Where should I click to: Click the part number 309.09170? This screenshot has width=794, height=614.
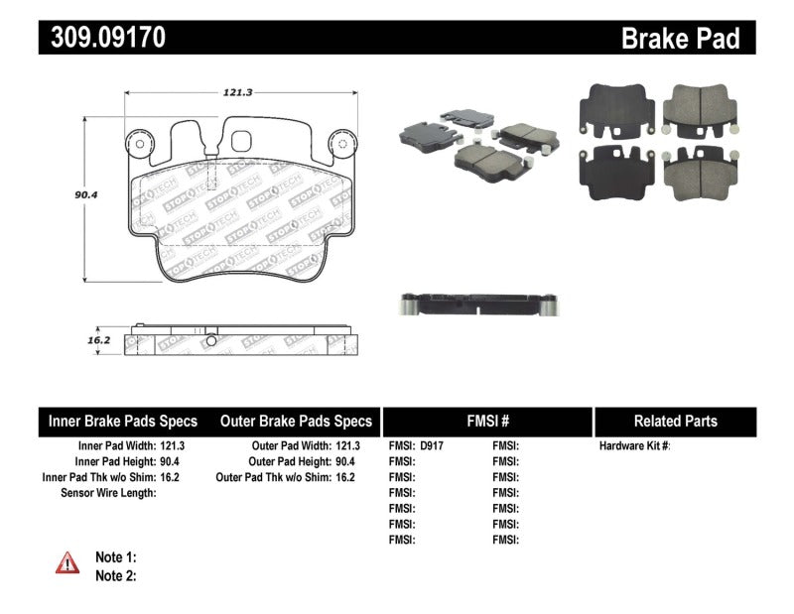pyautogui.click(x=103, y=38)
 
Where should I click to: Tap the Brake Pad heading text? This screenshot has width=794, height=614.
pyautogui.click(x=680, y=39)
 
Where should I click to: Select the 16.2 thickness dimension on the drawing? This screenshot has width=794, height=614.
pyautogui.click(x=96, y=339)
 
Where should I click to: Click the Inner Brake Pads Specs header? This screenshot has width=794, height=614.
pyautogui.click(x=123, y=421)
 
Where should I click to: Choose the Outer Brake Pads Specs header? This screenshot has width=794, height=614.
pyautogui.click(x=296, y=421)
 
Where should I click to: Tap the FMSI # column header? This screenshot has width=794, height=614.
pyautogui.click(x=486, y=421)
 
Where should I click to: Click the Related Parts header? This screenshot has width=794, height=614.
pyautogui.click(x=675, y=421)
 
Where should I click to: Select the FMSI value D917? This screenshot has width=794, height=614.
pyautogui.click(x=432, y=446)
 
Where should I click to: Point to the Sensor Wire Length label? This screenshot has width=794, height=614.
pyautogui.click(x=109, y=492)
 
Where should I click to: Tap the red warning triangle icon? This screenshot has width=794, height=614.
pyautogui.click(x=67, y=563)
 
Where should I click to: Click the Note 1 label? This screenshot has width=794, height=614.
pyautogui.click(x=115, y=556)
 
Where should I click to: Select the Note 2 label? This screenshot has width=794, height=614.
pyautogui.click(x=115, y=574)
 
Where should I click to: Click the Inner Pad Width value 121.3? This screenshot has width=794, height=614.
pyautogui.click(x=170, y=446)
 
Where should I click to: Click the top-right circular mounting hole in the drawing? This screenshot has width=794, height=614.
pyautogui.click(x=341, y=143)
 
